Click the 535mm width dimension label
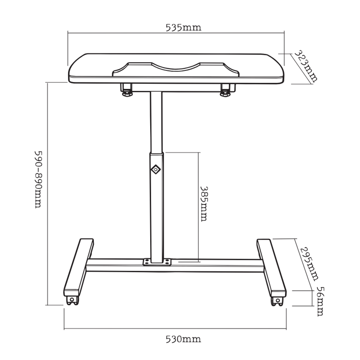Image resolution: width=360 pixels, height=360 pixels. [183, 28]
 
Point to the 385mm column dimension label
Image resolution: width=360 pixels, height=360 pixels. [204, 203]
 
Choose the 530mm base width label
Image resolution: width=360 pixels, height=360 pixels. [183, 339]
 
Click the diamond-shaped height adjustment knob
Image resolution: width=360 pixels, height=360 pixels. [156, 169]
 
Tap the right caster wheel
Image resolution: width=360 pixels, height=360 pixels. [277, 301]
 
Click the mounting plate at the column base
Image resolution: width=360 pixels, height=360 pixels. [157, 262]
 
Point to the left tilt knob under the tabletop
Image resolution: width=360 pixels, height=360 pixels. [127, 90]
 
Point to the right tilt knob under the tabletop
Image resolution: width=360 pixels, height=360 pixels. [225, 90]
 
